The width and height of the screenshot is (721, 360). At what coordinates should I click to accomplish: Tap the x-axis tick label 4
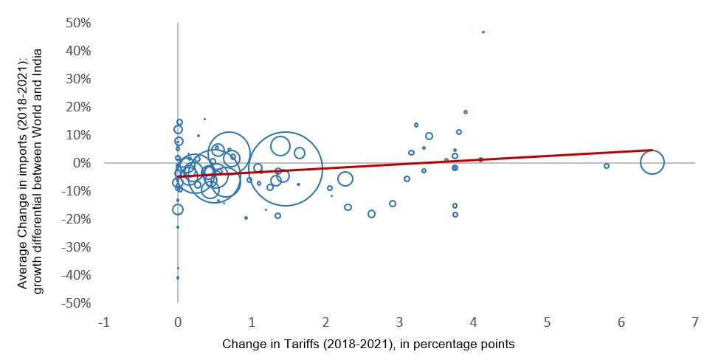[474, 323]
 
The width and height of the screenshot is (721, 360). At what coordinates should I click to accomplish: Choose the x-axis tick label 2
[325, 323]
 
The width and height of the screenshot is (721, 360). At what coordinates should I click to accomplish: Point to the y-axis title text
[31, 163]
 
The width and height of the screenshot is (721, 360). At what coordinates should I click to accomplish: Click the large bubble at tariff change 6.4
[652, 162]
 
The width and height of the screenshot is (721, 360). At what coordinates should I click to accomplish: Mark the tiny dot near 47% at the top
[483, 32]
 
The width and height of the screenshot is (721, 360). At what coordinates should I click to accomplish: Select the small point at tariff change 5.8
[607, 166]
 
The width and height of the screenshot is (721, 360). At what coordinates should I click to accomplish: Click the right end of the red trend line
[652, 150]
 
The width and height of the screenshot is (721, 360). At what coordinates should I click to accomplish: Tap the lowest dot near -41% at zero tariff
[178, 277]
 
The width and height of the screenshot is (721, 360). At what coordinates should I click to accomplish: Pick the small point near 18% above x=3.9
[466, 112]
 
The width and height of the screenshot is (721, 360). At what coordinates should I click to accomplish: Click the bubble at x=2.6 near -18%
[371, 214]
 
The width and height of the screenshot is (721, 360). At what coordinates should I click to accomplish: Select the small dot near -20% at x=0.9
[246, 218]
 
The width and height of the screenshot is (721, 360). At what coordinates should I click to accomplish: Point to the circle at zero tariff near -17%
[178, 210]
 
